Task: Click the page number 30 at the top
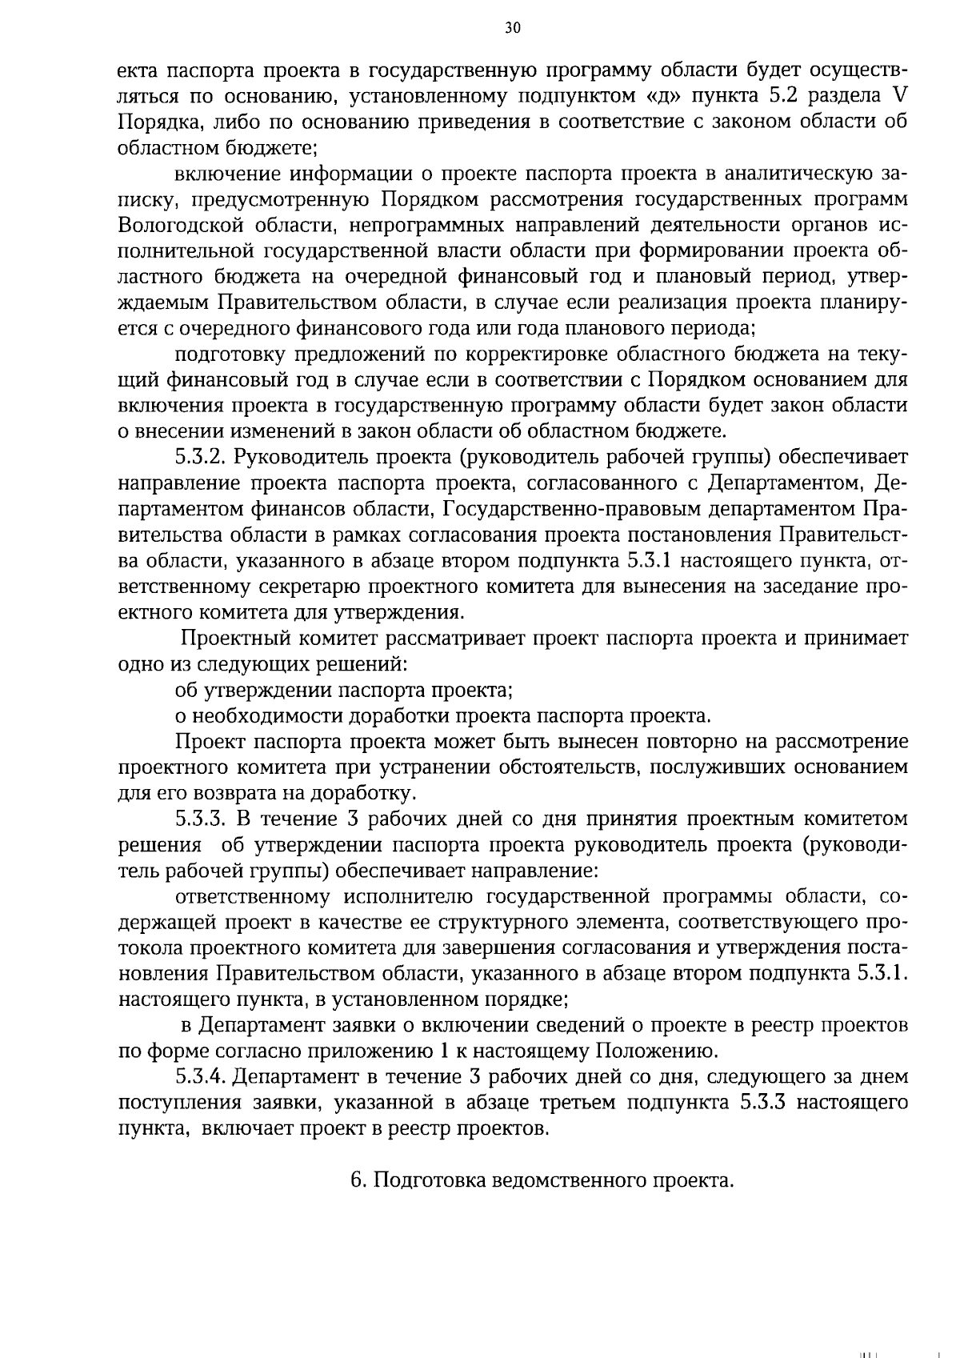point(513,28)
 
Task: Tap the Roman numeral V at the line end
point(899,97)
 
